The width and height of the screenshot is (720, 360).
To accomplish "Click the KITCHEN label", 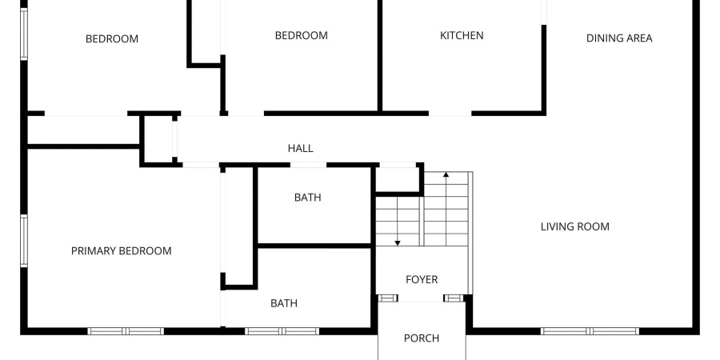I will click(462, 35).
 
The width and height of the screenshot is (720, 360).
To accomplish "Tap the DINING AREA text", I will click(619, 38).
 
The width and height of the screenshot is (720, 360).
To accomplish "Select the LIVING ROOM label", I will click(574, 226).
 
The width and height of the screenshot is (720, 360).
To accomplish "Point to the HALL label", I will click(300, 148).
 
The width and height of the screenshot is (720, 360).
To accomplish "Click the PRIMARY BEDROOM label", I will click(121, 250).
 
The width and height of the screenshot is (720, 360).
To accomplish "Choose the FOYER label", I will click(422, 279).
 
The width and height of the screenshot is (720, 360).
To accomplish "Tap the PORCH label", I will click(421, 338).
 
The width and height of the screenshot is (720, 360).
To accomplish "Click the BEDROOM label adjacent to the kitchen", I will click(301, 35).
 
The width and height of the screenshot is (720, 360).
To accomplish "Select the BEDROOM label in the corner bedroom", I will click(112, 38).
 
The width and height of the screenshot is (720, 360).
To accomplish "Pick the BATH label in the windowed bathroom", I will click(284, 303).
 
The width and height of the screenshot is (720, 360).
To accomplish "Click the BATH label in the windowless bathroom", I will click(307, 197).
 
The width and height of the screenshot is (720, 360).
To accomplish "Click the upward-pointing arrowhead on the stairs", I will click(446, 174).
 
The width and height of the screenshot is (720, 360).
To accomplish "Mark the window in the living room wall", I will click(590, 330).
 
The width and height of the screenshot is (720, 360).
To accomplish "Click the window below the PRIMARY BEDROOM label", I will click(126, 330).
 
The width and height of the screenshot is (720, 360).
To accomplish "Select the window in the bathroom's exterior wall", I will click(282, 330).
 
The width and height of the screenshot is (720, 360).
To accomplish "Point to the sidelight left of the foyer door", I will click(388, 298).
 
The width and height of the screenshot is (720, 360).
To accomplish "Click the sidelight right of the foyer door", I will click(454, 298).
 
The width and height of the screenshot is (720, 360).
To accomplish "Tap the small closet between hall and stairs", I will click(398, 179).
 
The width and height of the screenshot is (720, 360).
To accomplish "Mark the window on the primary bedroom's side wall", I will click(25, 240).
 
